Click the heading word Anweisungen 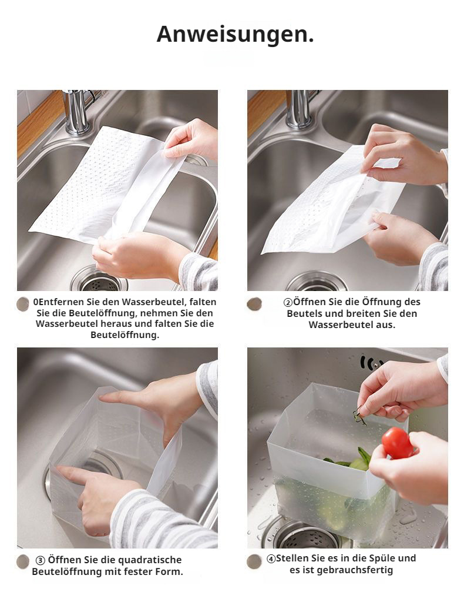[x=235, y=34]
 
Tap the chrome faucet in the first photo [x=77, y=111]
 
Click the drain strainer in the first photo [x=99, y=280]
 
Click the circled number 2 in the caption [x=288, y=302]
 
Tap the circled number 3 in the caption [x=41, y=560]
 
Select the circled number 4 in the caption [x=271, y=558]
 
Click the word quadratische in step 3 [x=149, y=560]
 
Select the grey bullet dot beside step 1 [x=23, y=304]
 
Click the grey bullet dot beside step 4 [x=254, y=561]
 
